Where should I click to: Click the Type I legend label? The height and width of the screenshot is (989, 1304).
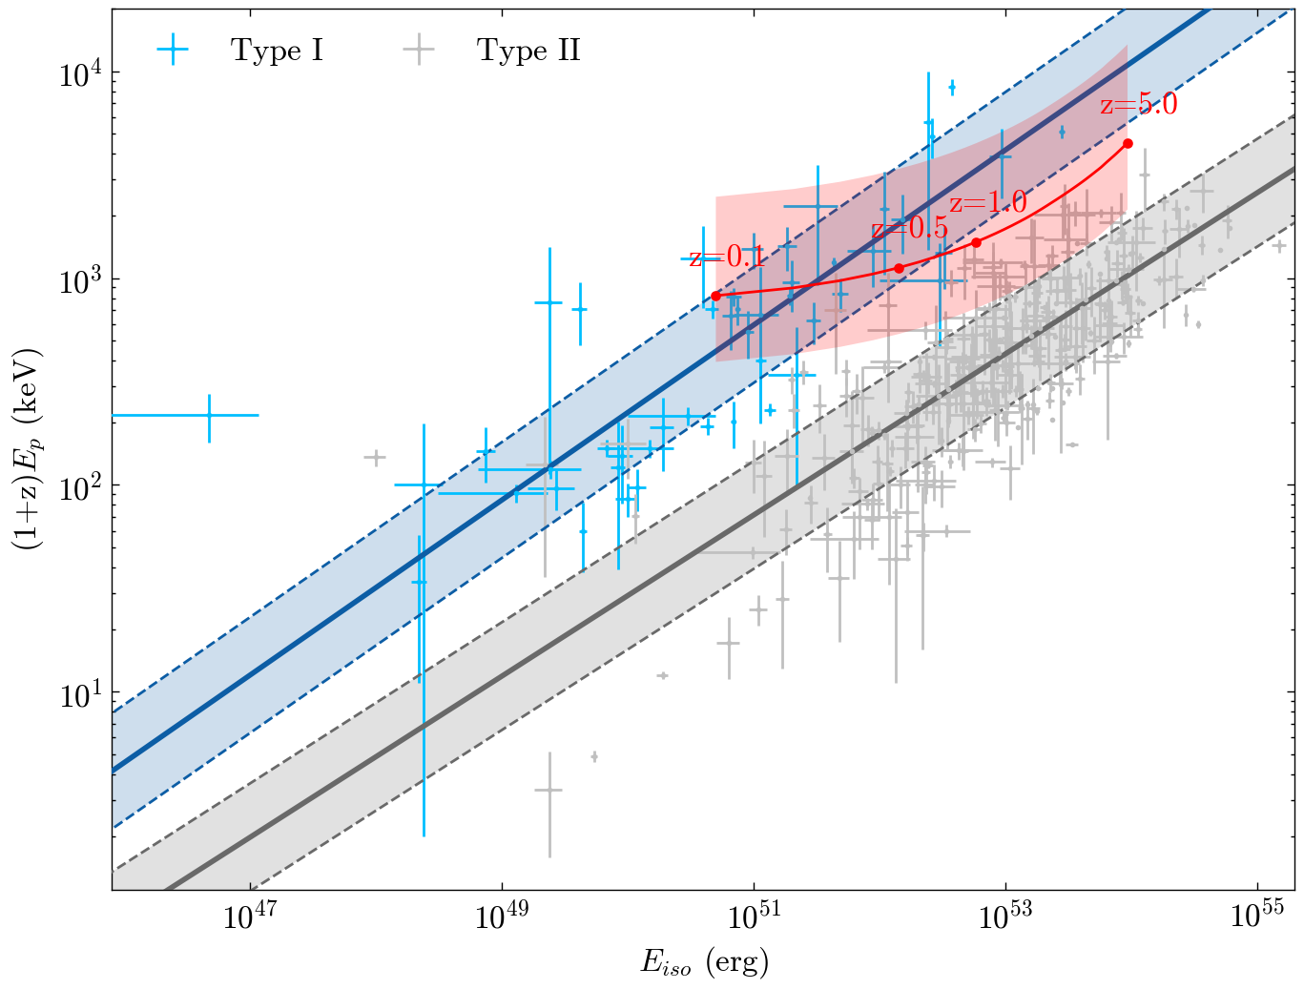[x=277, y=51]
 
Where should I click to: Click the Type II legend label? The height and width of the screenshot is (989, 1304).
[x=528, y=51]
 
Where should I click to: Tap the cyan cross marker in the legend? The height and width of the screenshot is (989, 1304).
[x=173, y=51]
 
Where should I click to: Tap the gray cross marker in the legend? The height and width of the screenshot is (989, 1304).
[x=418, y=51]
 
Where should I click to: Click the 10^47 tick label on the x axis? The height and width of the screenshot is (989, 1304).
[x=250, y=917]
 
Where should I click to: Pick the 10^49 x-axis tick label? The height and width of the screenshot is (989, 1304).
[x=502, y=917]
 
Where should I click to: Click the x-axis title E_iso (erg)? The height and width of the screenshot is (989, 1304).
[x=704, y=962]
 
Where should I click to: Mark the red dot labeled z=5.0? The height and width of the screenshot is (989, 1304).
[x=1128, y=143]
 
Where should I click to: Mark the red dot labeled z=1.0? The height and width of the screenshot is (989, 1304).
[x=976, y=242]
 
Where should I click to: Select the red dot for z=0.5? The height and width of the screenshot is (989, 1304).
[x=899, y=268]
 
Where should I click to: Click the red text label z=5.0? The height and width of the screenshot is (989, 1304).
[x=1139, y=104]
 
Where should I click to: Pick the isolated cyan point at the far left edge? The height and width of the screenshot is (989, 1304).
[x=209, y=415]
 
